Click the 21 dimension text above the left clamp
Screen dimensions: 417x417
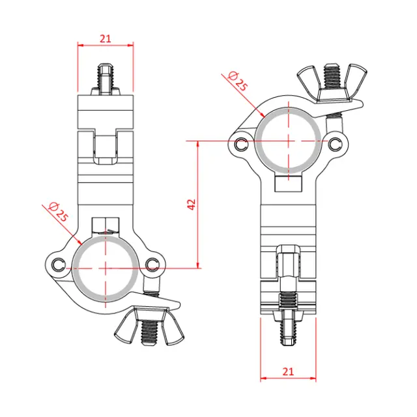[106, 38]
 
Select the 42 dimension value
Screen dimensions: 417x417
[191, 204]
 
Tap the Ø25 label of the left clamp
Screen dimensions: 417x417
[58, 212]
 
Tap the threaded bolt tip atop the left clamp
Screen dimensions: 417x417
[106, 78]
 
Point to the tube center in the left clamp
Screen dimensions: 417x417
[106, 267]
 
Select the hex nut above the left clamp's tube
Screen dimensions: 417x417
[106, 226]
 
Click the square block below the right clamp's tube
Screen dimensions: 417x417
[287, 183]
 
